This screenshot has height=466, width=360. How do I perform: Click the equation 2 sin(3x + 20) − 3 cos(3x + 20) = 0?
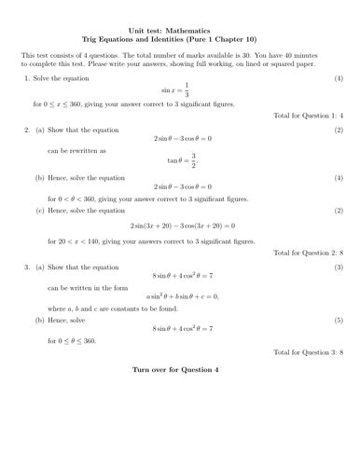[180, 226]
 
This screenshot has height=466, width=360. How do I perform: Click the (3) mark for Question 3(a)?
[339, 267]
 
